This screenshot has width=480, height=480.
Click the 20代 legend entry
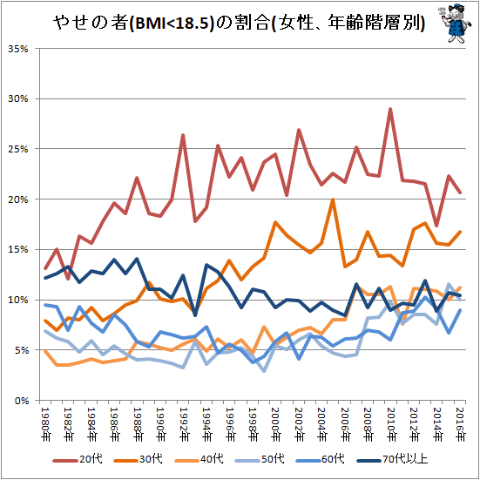pos(78,459)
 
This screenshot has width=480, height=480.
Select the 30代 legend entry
pos(139,459)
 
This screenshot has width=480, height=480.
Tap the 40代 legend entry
pos(199,459)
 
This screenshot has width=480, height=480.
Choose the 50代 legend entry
pos(260,459)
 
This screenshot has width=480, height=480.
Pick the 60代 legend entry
pos(321,459)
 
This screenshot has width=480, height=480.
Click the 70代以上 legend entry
pos(392,459)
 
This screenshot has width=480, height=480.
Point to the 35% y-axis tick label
pos(18,49)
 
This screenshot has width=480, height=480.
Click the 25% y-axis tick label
pos(18,149)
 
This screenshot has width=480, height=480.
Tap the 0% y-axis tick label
pos(21,401)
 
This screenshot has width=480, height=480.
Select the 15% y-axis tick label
pos(18,250)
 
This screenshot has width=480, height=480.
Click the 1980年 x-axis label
pos(46,424)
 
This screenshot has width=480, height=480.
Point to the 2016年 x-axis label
pos(460,424)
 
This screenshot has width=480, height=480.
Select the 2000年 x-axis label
pos(276,424)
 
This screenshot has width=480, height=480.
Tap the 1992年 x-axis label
pos(184,424)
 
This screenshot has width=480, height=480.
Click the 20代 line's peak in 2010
pos(390,109)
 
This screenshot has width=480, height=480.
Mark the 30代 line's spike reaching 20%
pos(333,199)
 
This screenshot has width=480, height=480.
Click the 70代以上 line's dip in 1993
pos(195,315)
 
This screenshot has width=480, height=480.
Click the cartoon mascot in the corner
pos(456,24)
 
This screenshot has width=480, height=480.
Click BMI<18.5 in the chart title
pos(171,24)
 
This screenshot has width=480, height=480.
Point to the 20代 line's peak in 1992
pos(183,135)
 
